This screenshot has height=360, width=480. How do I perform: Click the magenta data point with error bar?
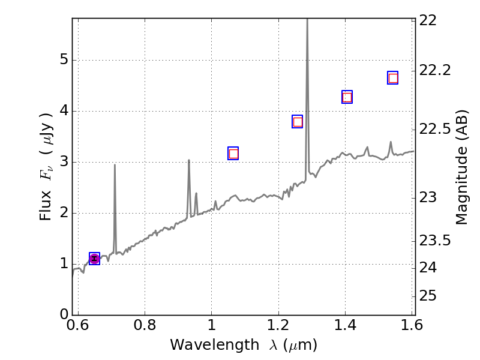[x=94, y=259]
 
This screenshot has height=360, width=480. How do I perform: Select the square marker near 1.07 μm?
[x=233, y=154]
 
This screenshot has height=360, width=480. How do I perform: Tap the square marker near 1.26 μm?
[x=297, y=122]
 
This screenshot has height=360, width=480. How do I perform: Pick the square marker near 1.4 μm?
[x=347, y=97]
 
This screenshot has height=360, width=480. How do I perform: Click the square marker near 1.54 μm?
[x=393, y=78]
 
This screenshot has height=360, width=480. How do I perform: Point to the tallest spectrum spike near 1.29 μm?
[x=307, y=22]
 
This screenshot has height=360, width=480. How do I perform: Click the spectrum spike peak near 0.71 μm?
[x=115, y=165]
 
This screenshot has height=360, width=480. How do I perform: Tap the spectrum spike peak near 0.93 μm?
[x=188, y=160]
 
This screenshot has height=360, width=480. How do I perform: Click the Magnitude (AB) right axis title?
[x=461, y=167]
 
